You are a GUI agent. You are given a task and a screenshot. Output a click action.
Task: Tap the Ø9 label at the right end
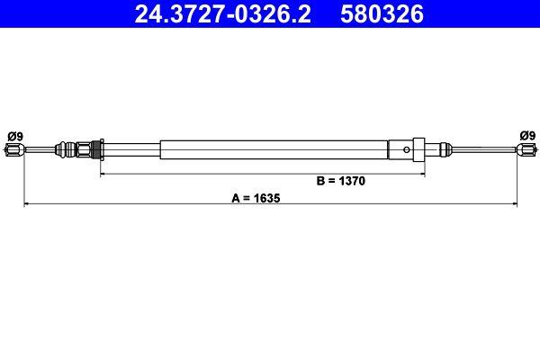tap(526, 136)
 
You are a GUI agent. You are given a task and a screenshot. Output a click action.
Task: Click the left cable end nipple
tap(13, 150)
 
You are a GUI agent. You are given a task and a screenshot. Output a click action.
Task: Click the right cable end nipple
tap(526, 150)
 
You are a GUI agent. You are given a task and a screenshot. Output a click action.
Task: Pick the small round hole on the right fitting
tap(408, 148)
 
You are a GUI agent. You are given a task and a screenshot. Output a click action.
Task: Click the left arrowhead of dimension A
tap(26, 205)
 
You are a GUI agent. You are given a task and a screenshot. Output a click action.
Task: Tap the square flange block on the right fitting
tap(415, 148)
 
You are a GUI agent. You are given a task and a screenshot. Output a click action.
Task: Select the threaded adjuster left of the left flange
tap(86, 148)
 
